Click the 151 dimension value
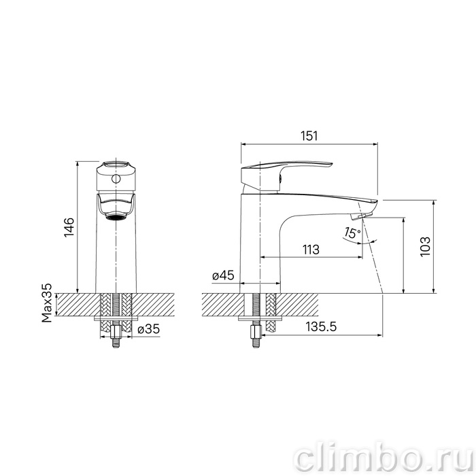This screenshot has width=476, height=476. [x=309, y=136]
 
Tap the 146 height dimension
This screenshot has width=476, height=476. [x=69, y=227]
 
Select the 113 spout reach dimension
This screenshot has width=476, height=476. [x=311, y=250]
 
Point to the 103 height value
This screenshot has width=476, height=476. [x=425, y=246]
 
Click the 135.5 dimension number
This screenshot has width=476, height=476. [x=321, y=326]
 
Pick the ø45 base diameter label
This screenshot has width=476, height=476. [x=223, y=275]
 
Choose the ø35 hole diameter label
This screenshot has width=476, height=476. [x=148, y=328]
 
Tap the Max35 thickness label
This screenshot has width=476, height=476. [x=47, y=303]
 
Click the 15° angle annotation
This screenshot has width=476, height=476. [x=352, y=233]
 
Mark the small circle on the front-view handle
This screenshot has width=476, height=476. [x=116, y=179]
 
